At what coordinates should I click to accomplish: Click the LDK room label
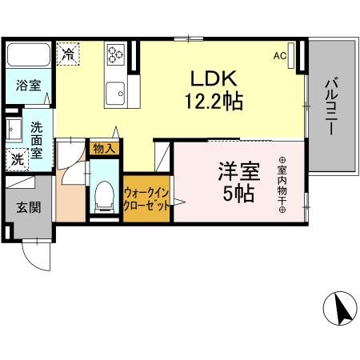pyautogui.click(x=211, y=79)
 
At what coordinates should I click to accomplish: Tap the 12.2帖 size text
pyautogui.click(x=211, y=102)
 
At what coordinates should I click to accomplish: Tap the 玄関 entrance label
pyautogui.click(x=27, y=206)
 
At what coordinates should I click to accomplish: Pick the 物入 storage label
pyautogui.click(x=105, y=148)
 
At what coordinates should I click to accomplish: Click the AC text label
pyautogui.click(x=279, y=56)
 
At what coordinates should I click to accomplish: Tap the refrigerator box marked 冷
pyautogui.click(x=69, y=54)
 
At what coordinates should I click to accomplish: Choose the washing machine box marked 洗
pyautogui.click(x=17, y=158)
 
